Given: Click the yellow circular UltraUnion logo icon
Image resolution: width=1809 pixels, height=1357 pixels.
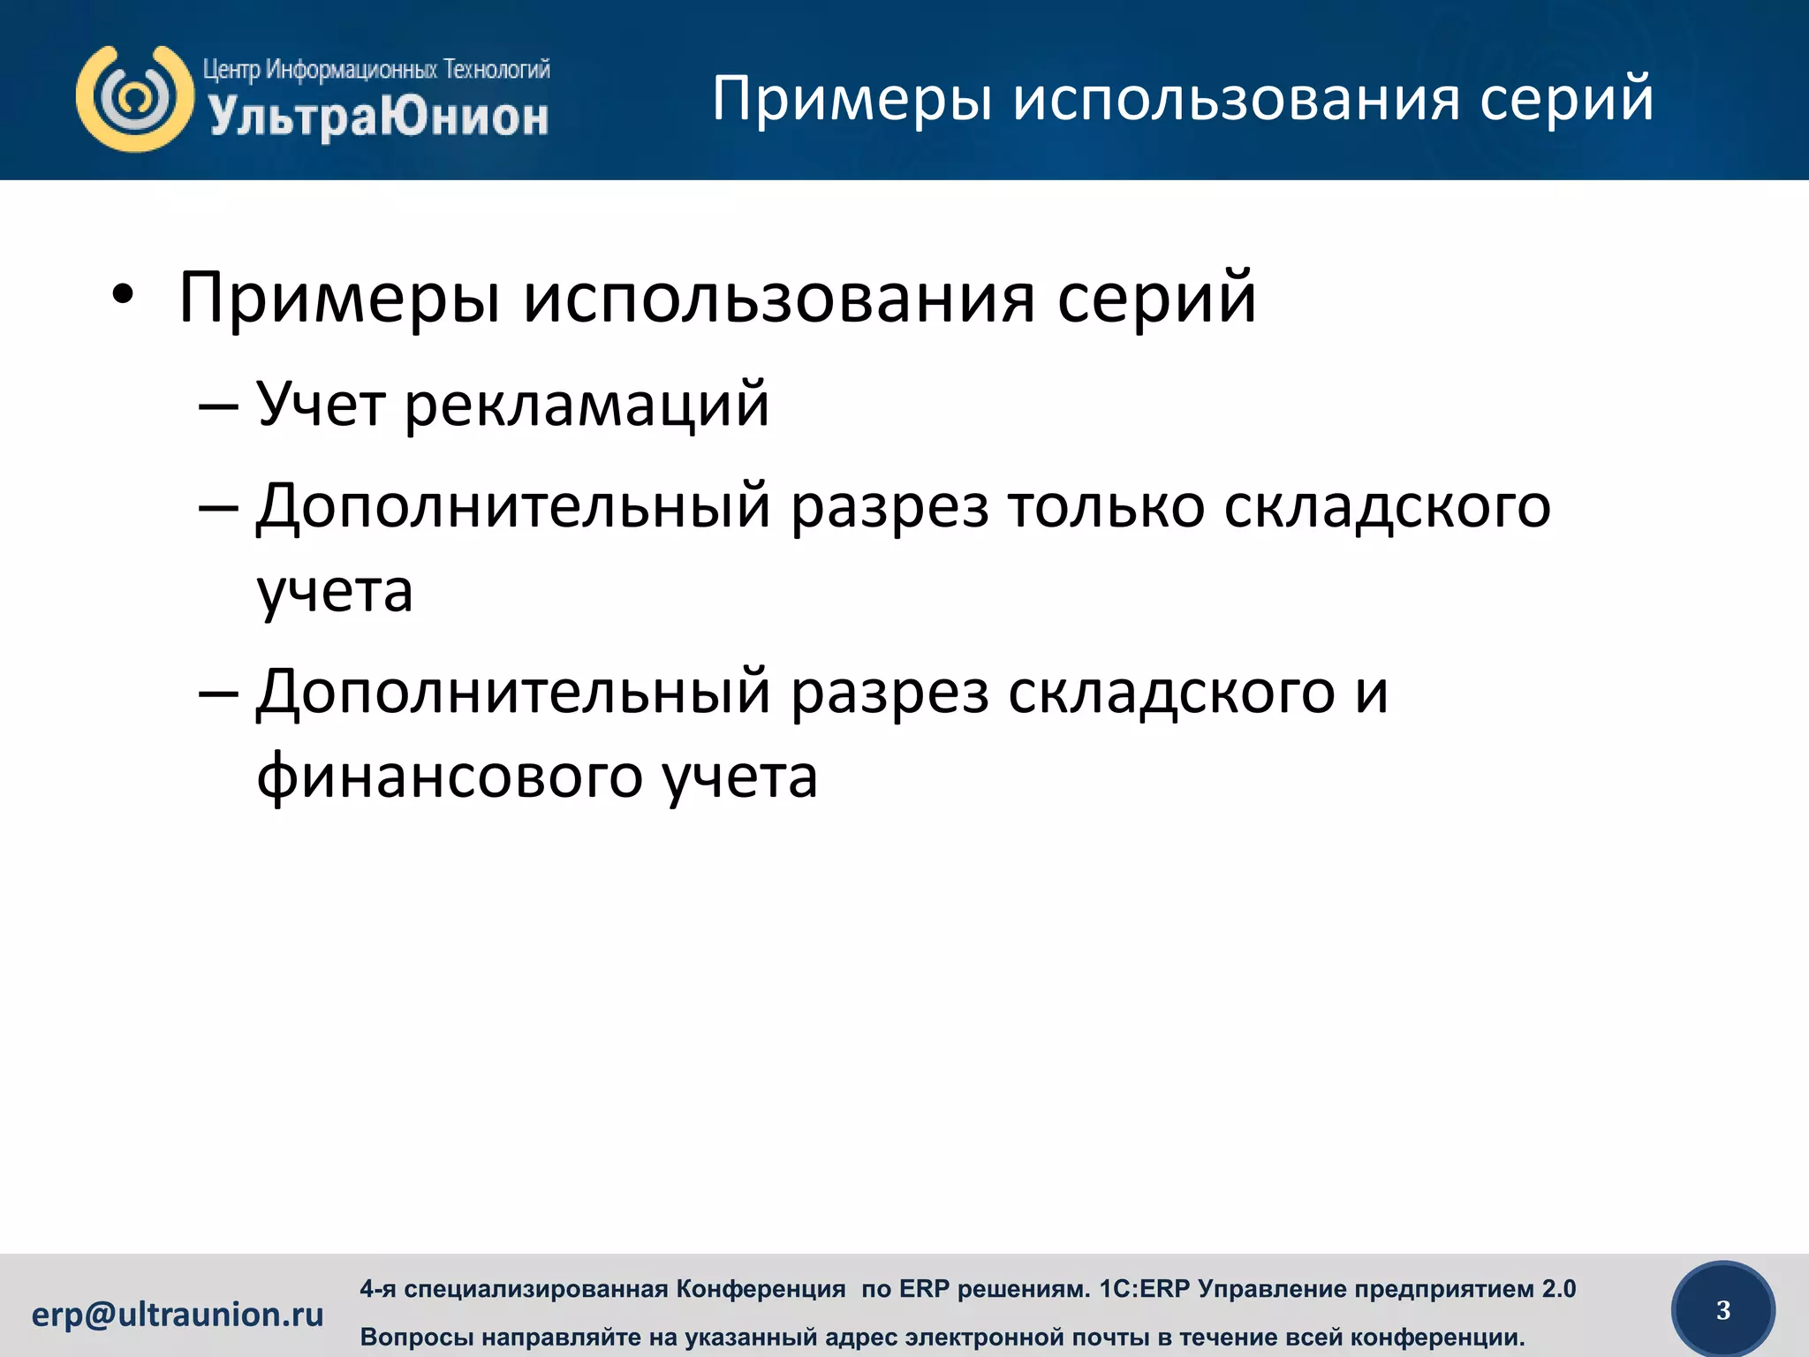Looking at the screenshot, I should point(134,98).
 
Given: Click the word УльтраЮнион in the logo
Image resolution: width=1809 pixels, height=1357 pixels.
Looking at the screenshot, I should point(378,118).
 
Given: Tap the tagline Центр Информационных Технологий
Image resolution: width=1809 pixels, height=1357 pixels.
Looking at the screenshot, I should point(376,69).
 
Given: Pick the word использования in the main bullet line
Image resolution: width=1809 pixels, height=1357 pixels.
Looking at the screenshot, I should point(778,298).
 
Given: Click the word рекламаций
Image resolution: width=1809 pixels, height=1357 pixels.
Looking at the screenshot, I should point(587,405).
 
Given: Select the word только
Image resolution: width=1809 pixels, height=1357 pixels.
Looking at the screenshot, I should point(1106,507).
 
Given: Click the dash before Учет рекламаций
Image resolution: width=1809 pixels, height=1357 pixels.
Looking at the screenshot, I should point(218,406).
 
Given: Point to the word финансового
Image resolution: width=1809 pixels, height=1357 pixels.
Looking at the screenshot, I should point(450,777).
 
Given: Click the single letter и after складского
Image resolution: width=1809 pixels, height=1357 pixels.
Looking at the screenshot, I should point(1372,692).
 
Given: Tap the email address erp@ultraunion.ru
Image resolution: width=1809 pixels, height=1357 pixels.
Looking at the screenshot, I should point(178,1315).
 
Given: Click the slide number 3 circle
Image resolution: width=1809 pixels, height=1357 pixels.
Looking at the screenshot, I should point(1722,1310).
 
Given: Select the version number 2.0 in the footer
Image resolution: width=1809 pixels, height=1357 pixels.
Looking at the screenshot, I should point(1558,1289).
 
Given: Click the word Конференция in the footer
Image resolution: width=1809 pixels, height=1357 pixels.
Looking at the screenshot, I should point(761,1289).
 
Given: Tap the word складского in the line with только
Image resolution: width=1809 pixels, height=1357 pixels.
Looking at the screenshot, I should point(1387,507).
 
